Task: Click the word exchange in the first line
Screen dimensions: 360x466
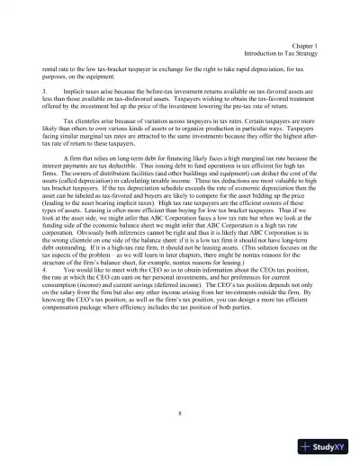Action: click(167, 69)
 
